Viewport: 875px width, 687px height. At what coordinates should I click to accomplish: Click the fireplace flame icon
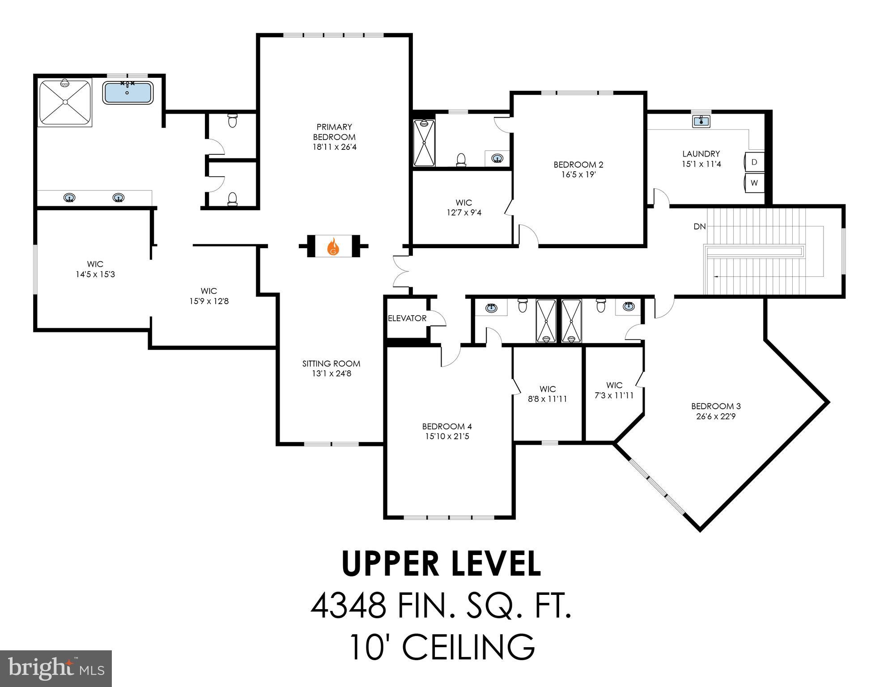click(x=333, y=246)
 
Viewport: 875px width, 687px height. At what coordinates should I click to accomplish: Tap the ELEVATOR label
click(x=407, y=318)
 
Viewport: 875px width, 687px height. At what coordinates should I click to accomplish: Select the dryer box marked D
click(x=754, y=162)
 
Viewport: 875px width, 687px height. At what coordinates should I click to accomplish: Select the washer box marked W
click(x=754, y=183)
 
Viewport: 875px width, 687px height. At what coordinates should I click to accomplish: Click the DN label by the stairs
click(x=700, y=227)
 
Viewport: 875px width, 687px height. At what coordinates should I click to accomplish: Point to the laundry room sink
click(x=701, y=121)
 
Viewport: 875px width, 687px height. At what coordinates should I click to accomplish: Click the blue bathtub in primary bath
click(x=127, y=93)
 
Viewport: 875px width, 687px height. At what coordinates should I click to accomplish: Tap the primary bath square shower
click(x=65, y=102)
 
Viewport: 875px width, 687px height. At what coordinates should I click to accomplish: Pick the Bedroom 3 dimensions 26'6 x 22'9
click(x=716, y=416)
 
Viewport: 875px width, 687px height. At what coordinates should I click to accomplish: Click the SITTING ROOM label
click(x=331, y=364)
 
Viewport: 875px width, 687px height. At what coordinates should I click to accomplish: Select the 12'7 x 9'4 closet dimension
click(x=464, y=213)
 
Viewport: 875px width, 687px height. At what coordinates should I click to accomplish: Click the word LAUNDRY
click(x=701, y=154)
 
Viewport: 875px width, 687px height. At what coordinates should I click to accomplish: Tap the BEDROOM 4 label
click(x=447, y=426)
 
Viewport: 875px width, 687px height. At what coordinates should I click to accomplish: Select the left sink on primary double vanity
click(x=69, y=197)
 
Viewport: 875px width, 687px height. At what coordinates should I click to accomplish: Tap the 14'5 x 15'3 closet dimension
click(x=95, y=274)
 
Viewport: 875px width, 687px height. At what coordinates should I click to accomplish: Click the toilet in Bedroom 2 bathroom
click(x=461, y=159)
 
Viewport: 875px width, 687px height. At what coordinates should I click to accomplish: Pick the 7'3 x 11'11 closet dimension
click(x=614, y=395)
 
